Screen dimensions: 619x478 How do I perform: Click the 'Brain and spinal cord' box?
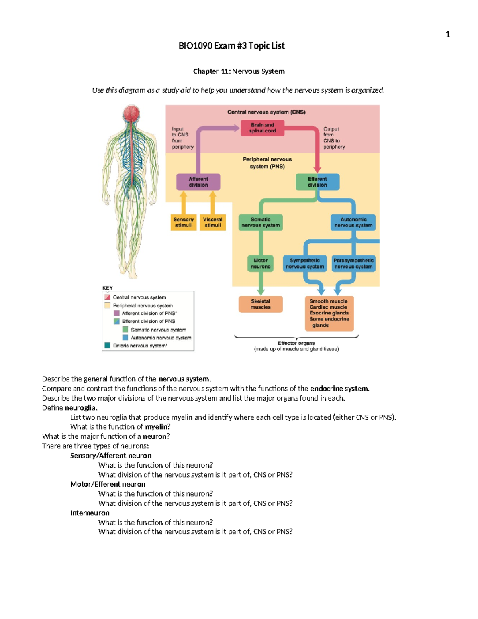[262, 128]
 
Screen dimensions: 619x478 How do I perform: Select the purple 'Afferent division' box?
[198, 182]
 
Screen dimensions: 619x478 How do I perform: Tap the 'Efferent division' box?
[317, 182]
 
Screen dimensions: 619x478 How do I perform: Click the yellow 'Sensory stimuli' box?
[183, 222]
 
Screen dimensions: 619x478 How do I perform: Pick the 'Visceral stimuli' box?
[213, 222]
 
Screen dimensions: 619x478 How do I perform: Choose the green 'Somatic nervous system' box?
[261, 222]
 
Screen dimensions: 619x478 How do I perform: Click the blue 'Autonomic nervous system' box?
[353, 222]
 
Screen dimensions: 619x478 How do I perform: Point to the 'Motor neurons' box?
[261, 263]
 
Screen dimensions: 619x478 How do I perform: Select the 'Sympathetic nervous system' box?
[305, 263]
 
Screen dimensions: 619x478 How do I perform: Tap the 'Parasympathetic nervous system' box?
[353, 263]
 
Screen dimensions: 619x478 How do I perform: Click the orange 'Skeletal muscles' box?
[261, 304]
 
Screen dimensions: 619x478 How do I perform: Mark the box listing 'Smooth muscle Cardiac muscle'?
[329, 313]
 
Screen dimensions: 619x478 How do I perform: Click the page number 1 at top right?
[448, 34]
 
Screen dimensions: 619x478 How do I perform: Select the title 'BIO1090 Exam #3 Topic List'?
[231, 46]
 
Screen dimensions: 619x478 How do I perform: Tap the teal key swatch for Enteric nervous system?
[107, 346]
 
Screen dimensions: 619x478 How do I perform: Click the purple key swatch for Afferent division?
[116, 313]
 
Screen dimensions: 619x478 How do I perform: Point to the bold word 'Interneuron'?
[90, 513]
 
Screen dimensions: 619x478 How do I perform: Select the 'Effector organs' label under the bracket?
[296, 343]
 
